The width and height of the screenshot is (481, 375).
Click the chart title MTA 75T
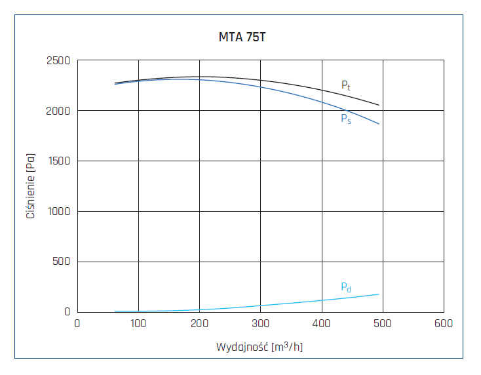242,37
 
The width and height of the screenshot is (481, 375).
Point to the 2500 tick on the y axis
58,61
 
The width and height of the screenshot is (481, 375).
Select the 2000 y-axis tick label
58,111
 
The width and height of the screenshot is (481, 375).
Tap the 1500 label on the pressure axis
58,161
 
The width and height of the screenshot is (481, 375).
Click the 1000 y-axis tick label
58,212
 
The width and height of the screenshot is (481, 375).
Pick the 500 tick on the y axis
62,262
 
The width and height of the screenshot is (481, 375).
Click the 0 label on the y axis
67,312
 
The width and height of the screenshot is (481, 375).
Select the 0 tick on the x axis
77,323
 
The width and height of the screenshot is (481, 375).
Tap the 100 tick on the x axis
138,323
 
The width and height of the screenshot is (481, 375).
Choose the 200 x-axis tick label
199,323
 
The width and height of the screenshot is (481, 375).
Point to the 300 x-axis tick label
260,323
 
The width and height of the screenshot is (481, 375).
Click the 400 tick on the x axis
321,323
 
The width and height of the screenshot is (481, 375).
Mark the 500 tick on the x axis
382,323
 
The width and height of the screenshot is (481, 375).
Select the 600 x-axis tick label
443,323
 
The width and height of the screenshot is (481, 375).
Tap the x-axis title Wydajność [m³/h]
260,346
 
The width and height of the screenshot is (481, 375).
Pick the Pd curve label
346,287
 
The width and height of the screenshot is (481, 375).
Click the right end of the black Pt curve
379,105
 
